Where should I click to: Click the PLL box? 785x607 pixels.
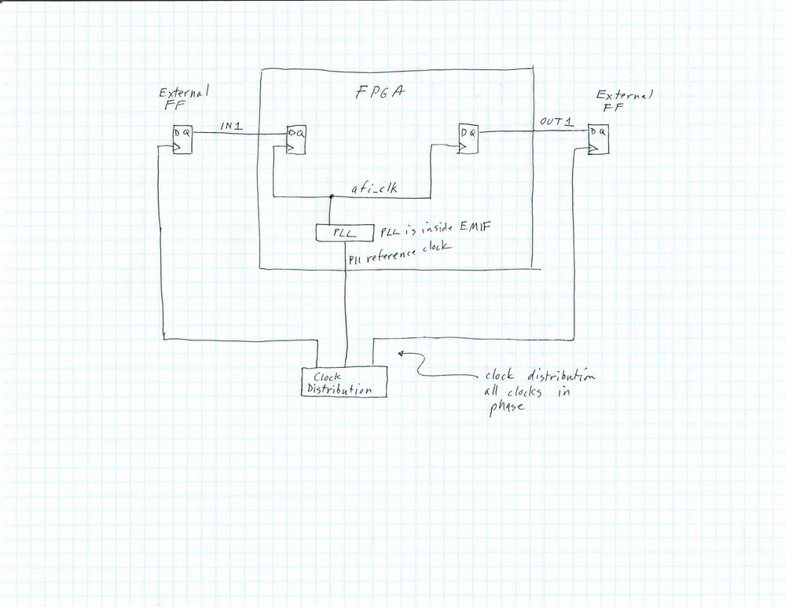[336, 233]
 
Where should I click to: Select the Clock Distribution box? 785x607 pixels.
[344, 381]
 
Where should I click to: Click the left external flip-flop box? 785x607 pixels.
[182, 141]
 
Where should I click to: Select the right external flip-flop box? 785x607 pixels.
[598, 141]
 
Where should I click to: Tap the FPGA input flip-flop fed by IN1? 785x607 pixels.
[296, 141]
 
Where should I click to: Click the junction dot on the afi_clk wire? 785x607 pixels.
[331, 197]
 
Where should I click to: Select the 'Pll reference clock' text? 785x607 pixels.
[400, 252]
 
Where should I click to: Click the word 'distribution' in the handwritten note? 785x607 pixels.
[557, 376]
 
